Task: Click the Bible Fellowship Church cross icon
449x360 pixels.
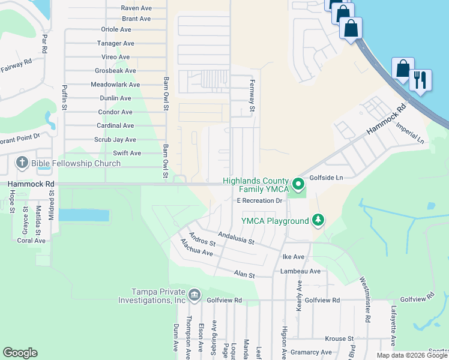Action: (x=22, y=163)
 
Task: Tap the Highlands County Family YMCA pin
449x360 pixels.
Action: (x=298, y=182)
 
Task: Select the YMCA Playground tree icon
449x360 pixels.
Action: (x=318, y=221)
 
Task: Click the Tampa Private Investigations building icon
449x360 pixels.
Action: (x=194, y=295)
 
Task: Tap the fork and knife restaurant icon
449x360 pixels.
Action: (x=420, y=80)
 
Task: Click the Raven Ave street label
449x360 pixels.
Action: (x=136, y=8)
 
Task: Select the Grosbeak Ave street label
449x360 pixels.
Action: (x=115, y=70)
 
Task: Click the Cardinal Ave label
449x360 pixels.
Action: (x=115, y=125)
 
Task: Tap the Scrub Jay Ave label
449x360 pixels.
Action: (x=114, y=139)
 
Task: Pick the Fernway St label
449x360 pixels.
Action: (x=253, y=96)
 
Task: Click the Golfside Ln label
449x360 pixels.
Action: (x=326, y=178)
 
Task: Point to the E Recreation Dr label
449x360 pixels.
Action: (x=259, y=200)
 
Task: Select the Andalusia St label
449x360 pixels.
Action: (x=237, y=238)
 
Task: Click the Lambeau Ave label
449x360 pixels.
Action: (x=300, y=271)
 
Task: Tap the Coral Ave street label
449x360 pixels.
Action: (x=31, y=241)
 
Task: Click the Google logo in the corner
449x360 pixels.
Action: (x=20, y=353)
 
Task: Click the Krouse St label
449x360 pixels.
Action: (x=340, y=338)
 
